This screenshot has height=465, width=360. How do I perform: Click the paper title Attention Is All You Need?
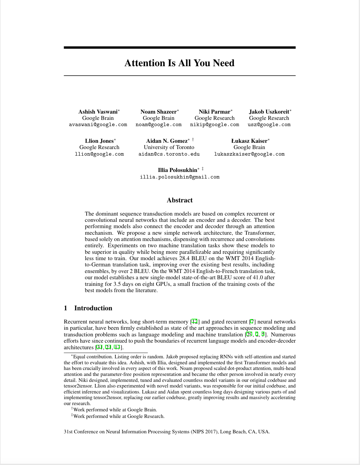[x=179, y=63]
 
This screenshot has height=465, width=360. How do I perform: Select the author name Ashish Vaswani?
[x=98, y=112]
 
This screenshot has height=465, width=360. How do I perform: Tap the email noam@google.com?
[x=158, y=125]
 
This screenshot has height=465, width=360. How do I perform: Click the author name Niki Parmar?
[x=214, y=112]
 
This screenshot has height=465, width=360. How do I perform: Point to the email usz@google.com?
[x=269, y=125]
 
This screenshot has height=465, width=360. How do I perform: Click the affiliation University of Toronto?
[x=169, y=147]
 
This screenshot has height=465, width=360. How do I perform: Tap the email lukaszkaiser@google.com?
[x=249, y=154]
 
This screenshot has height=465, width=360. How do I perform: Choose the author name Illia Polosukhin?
[x=177, y=170]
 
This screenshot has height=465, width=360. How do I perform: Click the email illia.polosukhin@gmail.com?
[x=180, y=177]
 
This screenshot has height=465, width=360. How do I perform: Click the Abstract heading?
[x=180, y=200]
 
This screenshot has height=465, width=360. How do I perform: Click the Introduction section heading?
[x=93, y=308]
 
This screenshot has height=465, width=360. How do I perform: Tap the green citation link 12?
[x=194, y=322]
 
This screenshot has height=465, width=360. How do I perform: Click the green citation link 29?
[x=249, y=334]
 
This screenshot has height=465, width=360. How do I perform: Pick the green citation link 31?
[x=99, y=347]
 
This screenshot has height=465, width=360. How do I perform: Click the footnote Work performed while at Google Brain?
[x=115, y=410]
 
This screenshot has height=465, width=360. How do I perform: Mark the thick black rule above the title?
[x=180, y=48]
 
